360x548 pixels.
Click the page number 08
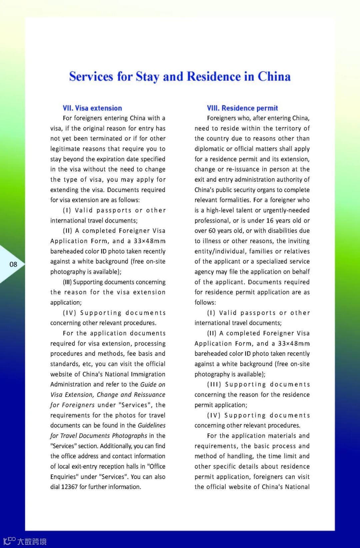(13, 264)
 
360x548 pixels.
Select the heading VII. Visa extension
(92, 108)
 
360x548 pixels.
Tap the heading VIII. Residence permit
(242, 108)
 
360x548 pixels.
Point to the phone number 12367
(69, 487)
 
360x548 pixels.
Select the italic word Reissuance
(149, 395)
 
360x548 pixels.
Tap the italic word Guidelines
(152, 425)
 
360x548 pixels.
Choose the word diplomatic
(212, 149)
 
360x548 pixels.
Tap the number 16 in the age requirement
(270, 220)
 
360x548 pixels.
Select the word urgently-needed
(282, 210)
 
